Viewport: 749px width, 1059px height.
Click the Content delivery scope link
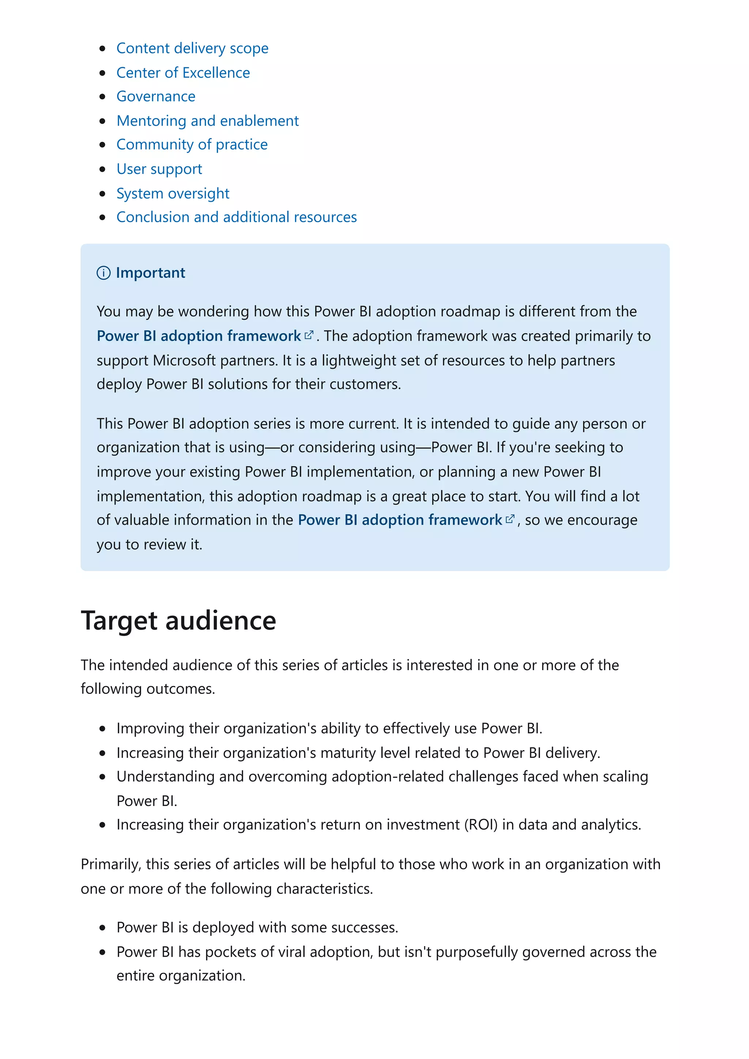point(192,48)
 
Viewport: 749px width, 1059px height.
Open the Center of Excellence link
point(183,72)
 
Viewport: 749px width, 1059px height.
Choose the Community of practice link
point(192,144)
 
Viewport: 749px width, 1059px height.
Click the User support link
point(159,169)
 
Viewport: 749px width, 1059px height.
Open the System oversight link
point(173,193)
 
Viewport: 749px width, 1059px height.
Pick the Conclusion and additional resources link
point(236,217)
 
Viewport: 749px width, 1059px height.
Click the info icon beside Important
point(103,273)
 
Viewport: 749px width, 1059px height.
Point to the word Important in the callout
point(150,273)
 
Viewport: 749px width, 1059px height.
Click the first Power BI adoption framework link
point(199,336)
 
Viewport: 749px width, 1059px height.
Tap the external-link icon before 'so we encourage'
point(509,519)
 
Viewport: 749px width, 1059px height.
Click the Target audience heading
point(178,620)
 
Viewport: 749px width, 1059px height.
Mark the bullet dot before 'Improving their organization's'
point(102,729)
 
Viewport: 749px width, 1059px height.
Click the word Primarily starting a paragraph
point(110,864)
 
